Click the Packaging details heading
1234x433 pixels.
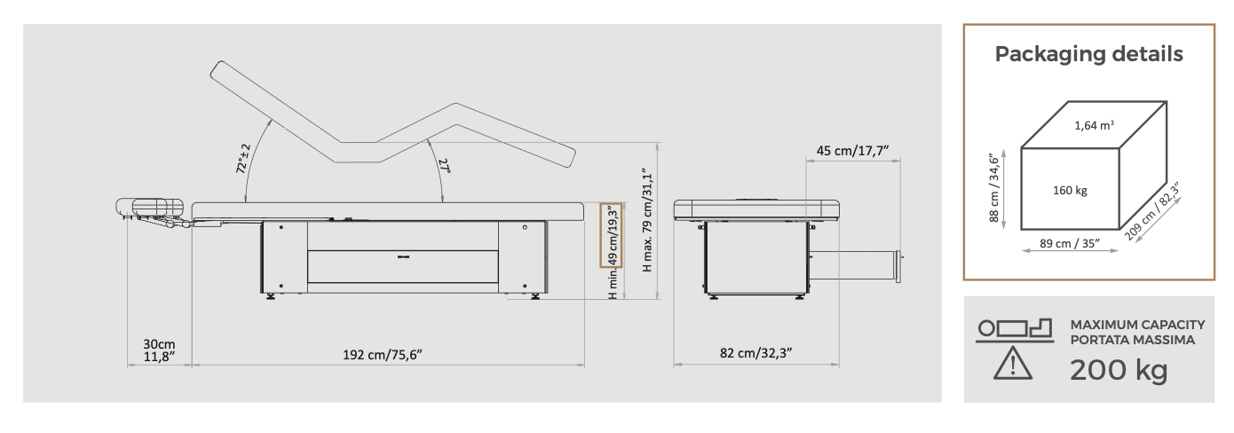pyautogui.click(x=1088, y=54)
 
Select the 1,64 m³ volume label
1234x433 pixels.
pyautogui.click(x=1094, y=126)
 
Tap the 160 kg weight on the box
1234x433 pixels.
pyautogui.click(x=1070, y=191)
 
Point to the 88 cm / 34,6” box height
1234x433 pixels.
pyautogui.click(x=994, y=188)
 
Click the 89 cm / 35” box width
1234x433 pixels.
pyautogui.click(x=1070, y=243)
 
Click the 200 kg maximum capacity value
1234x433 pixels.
pyautogui.click(x=1119, y=370)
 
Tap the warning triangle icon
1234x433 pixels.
pyautogui.click(x=1013, y=363)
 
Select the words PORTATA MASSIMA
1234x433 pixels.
pyautogui.click(x=1133, y=341)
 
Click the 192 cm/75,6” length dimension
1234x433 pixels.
pyautogui.click(x=383, y=355)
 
